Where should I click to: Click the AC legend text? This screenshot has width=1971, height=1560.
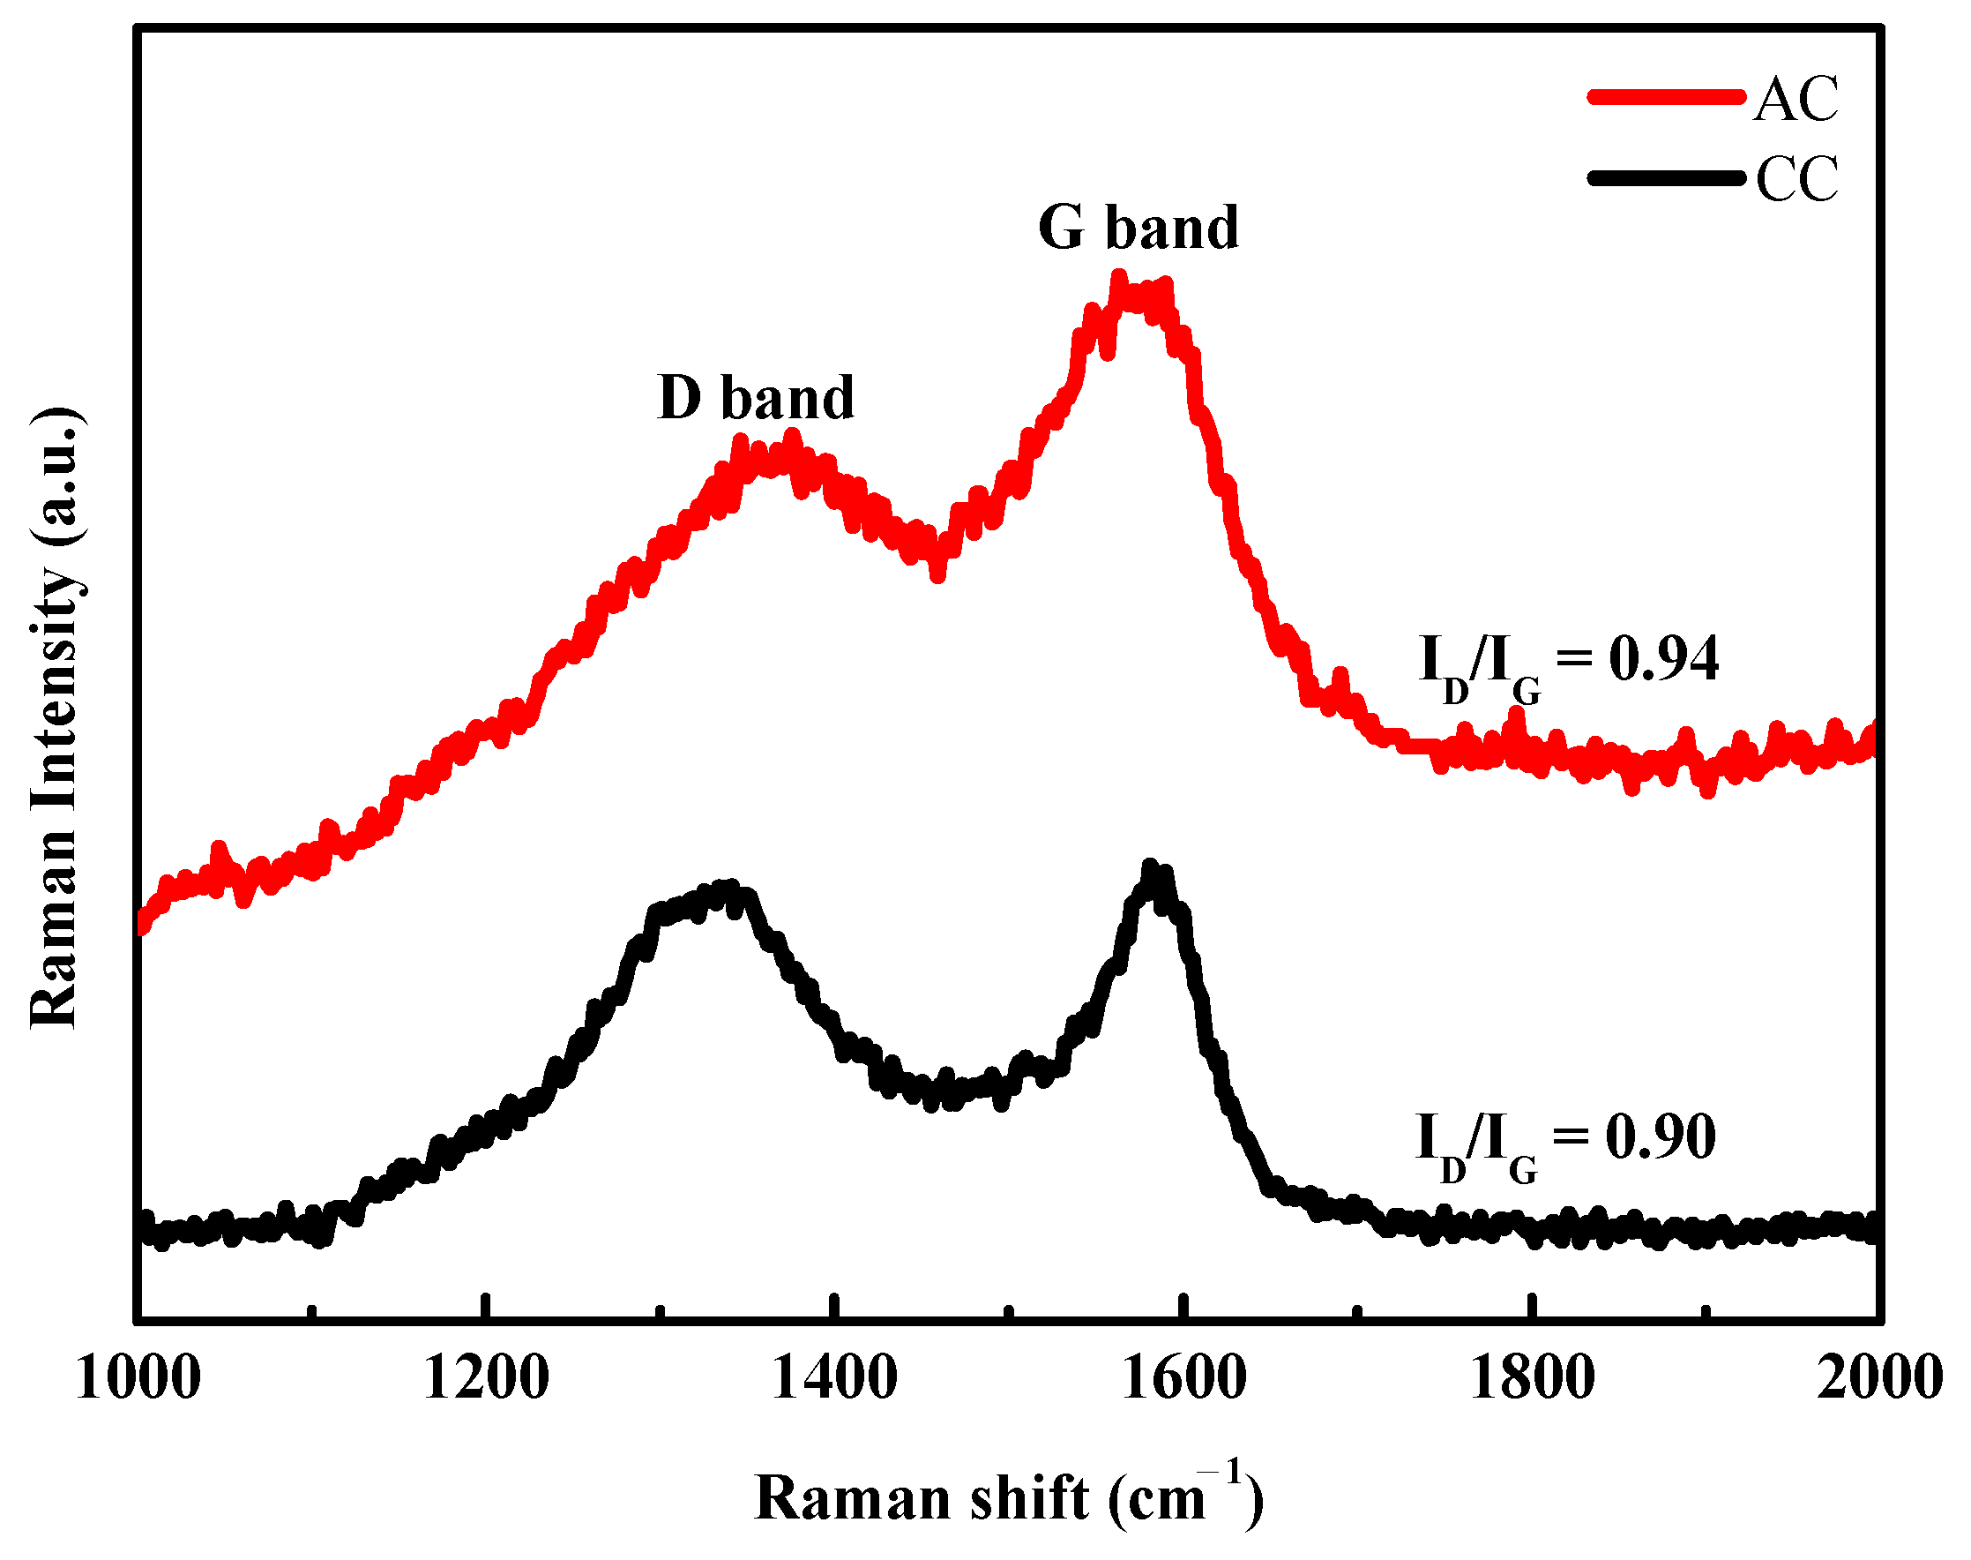tap(1795, 99)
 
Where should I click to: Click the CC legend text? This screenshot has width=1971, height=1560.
tap(1796, 179)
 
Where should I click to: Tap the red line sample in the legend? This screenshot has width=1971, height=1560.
tap(1666, 97)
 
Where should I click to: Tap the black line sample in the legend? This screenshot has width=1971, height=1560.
tap(1666, 177)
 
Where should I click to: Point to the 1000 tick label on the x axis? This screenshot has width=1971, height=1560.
tap(138, 1377)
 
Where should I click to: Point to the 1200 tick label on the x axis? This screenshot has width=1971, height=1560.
tap(486, 1377)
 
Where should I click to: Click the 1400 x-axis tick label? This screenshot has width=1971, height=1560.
tap(834, 1377)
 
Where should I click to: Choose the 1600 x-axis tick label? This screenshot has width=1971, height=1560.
tap(1183, 1377)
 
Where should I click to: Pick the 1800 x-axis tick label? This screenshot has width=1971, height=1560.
tap(1532, 1377)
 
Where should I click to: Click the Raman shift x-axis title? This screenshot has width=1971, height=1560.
tap(1008, 1499)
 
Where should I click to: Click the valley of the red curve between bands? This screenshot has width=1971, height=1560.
tap(937, 572)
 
